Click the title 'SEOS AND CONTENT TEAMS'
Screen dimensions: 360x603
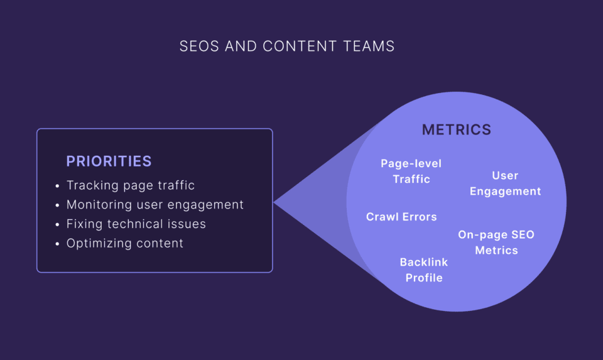(x=287, y=46)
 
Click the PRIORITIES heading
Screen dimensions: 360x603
(x=109, y=161)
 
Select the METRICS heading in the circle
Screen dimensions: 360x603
(x=457, y=130)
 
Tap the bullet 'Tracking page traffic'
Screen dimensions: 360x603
(x=131, y=185)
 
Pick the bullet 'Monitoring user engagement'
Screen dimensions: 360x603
(x=155, y=205)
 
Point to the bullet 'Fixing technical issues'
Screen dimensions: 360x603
(x=136, y=224)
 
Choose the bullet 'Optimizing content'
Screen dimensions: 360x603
(x=125, y=243)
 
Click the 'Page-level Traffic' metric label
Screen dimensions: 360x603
(x=411, y=171)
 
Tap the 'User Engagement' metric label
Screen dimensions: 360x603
(x=505, y=183)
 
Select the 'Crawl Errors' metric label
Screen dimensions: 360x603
(x=401, y=217)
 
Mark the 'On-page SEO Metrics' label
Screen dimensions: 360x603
(x=496, y=243)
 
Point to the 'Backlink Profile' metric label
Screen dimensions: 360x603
(x=424, y=270)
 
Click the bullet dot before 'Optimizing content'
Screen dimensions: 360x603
(x=57, y=244)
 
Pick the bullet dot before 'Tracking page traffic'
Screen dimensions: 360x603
(x=57, y=186)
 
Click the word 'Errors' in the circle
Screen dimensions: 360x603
(x=420, y=217)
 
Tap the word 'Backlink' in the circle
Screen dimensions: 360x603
(x=424, y=263)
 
